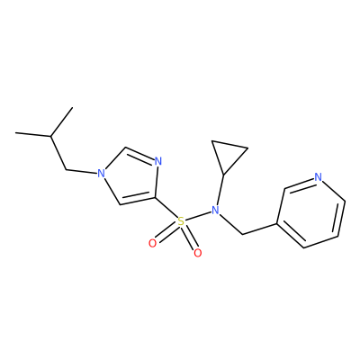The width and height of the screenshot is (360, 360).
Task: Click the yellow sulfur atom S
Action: (181, 222)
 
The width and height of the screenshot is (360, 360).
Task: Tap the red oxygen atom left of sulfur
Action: (153, 243)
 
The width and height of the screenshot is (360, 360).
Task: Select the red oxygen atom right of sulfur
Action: (198, 253)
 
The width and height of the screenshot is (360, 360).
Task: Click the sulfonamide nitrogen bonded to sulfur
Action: (215, 211)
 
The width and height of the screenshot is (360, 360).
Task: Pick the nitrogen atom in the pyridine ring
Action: (319, 177)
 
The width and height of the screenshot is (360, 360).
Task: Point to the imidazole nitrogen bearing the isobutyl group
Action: (101, 173)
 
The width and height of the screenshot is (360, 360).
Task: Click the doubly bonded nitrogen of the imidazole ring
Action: (158, 162)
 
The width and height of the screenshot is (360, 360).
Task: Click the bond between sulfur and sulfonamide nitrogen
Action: (198, 216)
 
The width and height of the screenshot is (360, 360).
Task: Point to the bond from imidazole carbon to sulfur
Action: (166, 210)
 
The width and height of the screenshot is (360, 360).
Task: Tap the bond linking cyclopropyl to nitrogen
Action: (220, 190)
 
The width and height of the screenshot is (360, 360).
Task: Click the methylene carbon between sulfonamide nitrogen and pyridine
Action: (242, 234)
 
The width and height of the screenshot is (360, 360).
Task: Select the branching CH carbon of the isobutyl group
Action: (50, 136)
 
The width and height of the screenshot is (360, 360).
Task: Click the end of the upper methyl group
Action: (73, 107)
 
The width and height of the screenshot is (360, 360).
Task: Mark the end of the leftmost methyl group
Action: (15, 132)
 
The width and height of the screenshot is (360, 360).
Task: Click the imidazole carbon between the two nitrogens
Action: (125, 148)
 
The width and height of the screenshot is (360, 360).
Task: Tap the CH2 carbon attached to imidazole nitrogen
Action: (67, 170)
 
